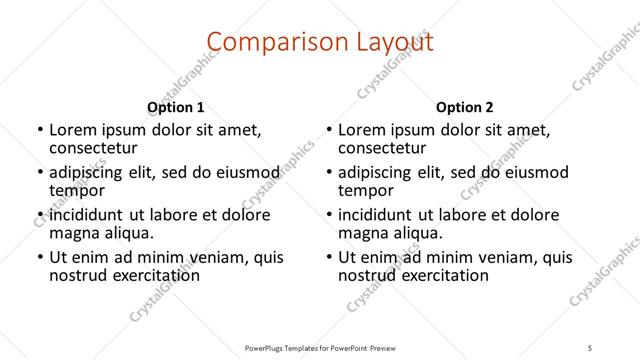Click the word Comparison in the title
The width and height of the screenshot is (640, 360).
coord(263,42)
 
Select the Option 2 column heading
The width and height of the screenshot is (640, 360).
coord(464,107)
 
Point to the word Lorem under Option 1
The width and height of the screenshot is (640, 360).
coord(73,129)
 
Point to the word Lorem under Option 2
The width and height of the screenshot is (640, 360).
coord(362,129)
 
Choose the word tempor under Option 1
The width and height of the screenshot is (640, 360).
coord(78,189)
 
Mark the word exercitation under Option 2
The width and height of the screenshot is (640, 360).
coord(442,274)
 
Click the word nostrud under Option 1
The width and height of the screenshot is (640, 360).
coord(79,274)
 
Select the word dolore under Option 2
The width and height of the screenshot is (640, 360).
coord(534,215)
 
